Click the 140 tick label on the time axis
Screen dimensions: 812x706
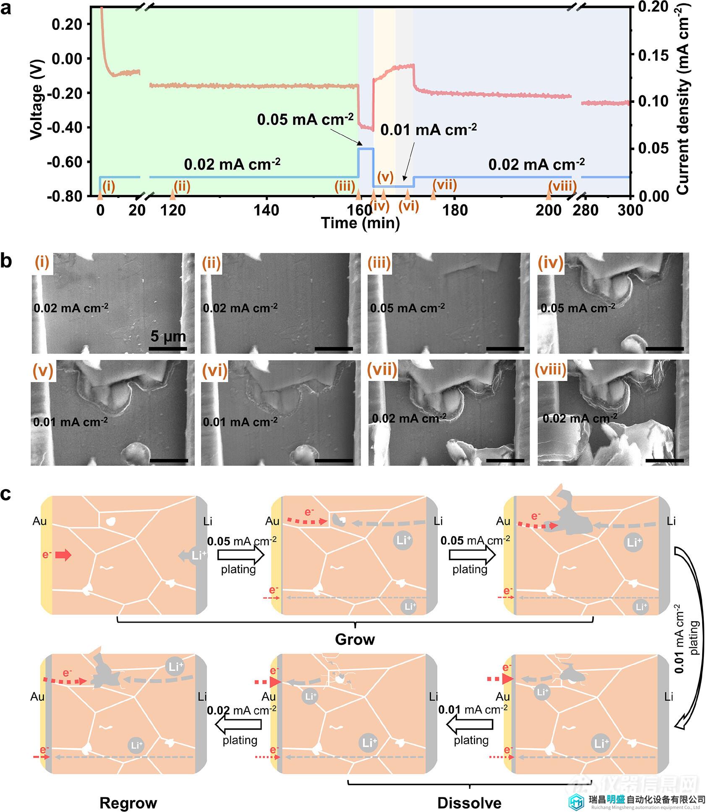(x=266, y=210)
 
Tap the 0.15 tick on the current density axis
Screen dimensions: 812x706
(x=653, y=55)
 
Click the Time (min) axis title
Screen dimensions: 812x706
(x=360, y=223)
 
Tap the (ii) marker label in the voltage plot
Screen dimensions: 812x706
(x=182, y=186)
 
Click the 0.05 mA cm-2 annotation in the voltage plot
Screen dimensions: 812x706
(x=305, y=120)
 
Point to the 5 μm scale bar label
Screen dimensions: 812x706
(x=168, y=336)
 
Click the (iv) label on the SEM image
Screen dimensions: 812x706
(x=551, y=263)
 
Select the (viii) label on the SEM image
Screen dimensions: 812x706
(x=550, y=369)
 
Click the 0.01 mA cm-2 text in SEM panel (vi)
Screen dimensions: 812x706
(x=240, y=422)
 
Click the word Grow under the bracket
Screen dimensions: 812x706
(x=355, y=639)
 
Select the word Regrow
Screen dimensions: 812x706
(x=128, y=803)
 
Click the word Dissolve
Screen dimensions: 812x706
(x=469, y=803)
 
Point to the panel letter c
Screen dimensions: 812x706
(x=6, y=494)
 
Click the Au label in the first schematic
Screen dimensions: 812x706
(x=39, y=521)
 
